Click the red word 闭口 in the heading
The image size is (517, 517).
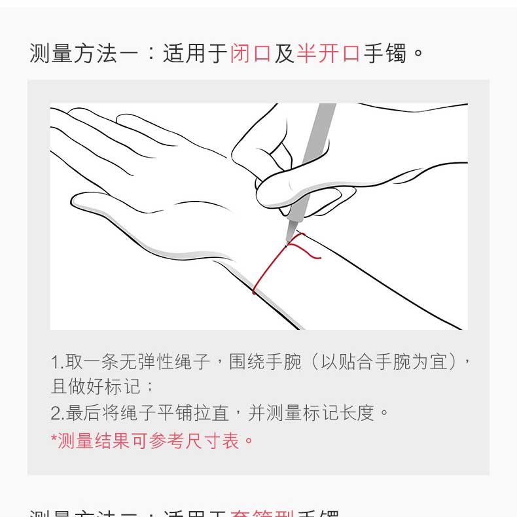[x=251, y=53]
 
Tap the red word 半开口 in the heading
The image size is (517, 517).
[x=329, y=53]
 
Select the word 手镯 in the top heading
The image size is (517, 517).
[x=385, y=53]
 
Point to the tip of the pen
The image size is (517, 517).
[x=287, y=243]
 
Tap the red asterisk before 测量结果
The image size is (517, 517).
[x=54, y=438]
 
